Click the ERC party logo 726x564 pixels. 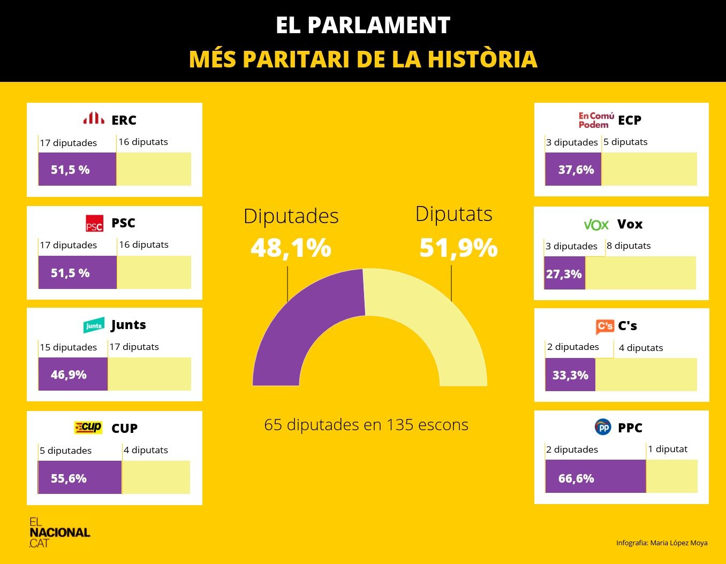pyautogui.click(x=94, y=118)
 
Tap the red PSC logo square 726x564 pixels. pyautogui.click(x=94, y=224)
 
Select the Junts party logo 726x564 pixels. pyautogui.click(x=94, y=325)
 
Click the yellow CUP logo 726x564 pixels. pyautogui.click(x=88, y=428)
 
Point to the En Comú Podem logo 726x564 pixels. pyautogui.click(x=596, y=120)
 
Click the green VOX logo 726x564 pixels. pyautogui.click(x=596, y=225)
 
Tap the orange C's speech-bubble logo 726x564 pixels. pyautogui.click(x=604, y=326)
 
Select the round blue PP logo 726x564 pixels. pyautogui.click(x=603, y=427)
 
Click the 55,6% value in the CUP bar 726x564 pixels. pyautogui.click(x=69, y=478)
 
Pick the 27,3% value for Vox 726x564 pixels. pyautogui.click(x=564, y=274)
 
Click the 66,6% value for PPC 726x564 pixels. pyautogui.click(x=576, y=478)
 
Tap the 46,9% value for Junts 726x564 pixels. pyautogui.click(x=69, y=375)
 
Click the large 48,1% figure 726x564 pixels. pyautogui.click(x=291, y=248)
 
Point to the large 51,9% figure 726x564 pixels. pyautogui.click(x=458, y=248)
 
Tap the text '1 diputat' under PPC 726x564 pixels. pyautogui.click(x=668, y=449)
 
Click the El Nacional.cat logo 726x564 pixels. pyautogui.click(x=59, y=532)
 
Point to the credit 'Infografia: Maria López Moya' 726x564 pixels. pyautogui.click(x=662, y=543)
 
